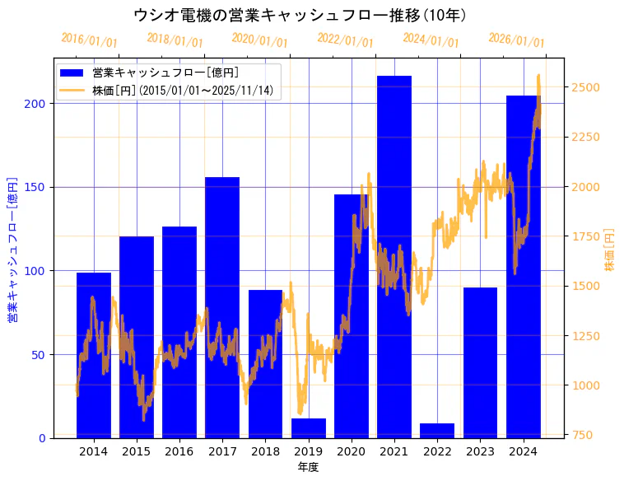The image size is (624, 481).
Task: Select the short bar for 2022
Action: pos(437,431)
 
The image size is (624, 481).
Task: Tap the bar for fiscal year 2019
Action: pos(309,428)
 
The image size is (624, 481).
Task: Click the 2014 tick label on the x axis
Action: pos(94,451)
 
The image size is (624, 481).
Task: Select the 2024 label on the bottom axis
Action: pos(523,451)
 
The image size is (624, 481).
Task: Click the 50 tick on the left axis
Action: pos(38,354)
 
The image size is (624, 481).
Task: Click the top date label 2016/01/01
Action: pos(90,40)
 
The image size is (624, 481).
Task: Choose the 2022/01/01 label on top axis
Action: pos(345,40)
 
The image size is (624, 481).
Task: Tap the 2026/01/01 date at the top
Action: pos(516,40)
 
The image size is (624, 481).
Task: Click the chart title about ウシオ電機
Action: pos(300,15)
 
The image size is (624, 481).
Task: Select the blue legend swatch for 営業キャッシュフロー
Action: pos(72,72)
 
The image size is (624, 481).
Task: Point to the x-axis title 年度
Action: pos(308,467)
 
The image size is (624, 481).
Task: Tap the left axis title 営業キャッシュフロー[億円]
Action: pos(12,250)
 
